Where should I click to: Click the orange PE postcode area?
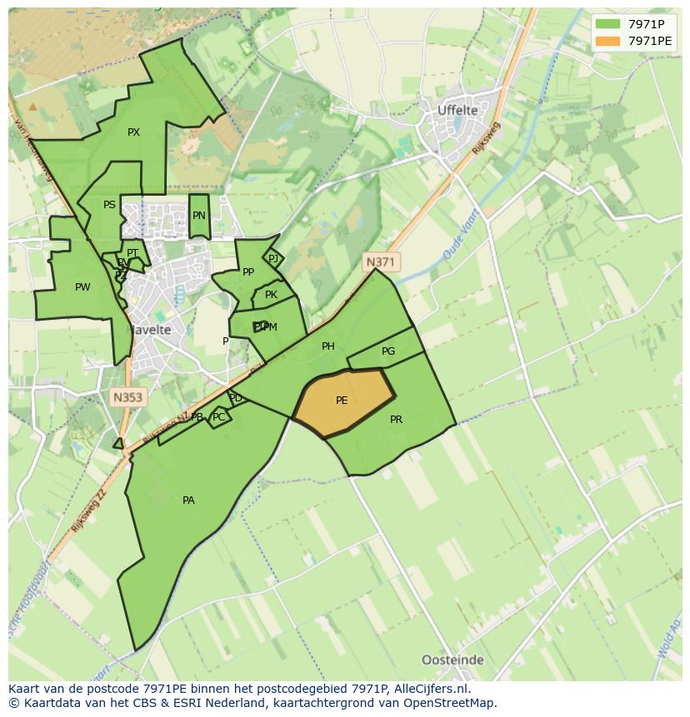click(x=342, y=401)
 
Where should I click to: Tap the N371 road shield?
click(x=380, y=262)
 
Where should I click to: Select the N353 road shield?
click(x=127, y=398)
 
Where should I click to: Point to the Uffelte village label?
click(x=457, y=110)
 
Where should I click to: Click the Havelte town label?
click(x=149, y=330)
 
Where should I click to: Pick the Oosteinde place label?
click(x=452, y=660)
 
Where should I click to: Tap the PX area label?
click(x=133, y=132)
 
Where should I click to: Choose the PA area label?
click(x=188, y=500)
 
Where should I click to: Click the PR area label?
click(x=396, y=420)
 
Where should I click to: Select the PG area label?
click(x=388, y=351)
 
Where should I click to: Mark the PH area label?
click(x=328, y=346)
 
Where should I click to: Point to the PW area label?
click(x=82, y=287)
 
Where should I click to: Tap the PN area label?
click(x=198, y=216)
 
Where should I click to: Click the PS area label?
click(x=109, y=205)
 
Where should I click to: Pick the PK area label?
click(x=271, y=295)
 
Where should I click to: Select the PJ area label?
click(x=273, y=259)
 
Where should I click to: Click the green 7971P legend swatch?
click(x=608, y=24)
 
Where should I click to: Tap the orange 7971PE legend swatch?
click(x=608, y=41)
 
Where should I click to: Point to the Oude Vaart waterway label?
click(x=458, y=241)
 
